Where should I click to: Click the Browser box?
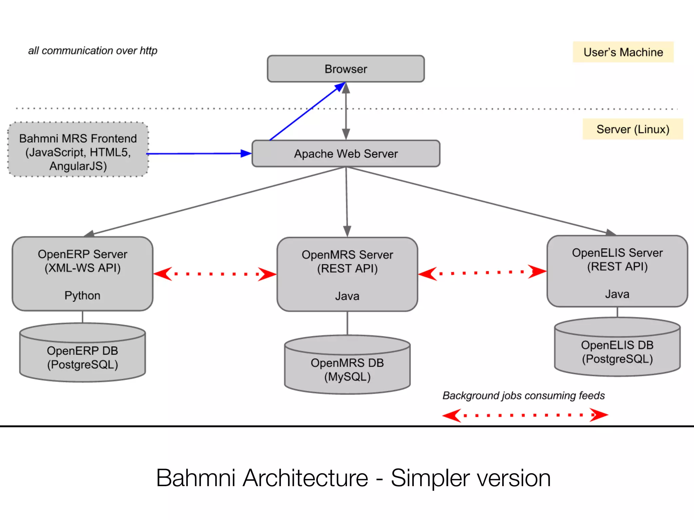coord(346,69)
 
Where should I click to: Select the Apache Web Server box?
coord(346,154)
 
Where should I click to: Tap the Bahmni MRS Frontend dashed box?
coord(78,150)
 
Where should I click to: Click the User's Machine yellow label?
coord(623,52)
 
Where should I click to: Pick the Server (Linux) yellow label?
coord(633,129)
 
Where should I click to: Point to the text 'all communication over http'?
coord(93,51)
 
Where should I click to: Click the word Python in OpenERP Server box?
coord(82,296)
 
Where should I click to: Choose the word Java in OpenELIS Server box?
coord(617,294)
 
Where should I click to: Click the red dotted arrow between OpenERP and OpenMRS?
coord(215,274)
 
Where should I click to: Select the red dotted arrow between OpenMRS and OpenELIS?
coord(482,272)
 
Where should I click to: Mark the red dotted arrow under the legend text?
coord(525,415)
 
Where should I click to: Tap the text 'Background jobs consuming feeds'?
coord(524,395)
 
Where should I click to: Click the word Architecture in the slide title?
coord(305,478)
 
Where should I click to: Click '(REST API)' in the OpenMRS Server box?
coord(347,268)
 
